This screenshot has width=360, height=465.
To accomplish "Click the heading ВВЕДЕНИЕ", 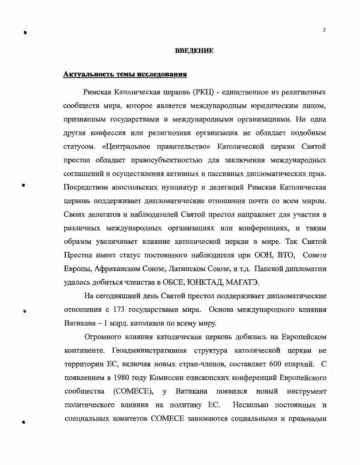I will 194,51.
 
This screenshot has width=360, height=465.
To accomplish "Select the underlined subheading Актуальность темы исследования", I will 125,74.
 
